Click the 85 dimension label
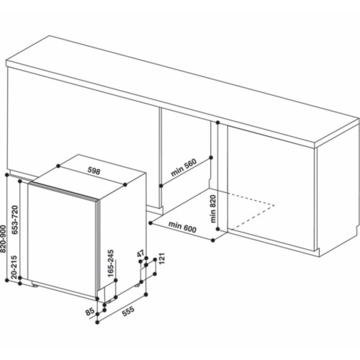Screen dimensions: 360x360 pyautogui.click(x=90, y=312)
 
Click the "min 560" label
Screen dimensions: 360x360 pyautogui.click(x=184, y=171)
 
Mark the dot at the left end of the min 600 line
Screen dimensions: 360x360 pyautogui.click(x=146, y=224)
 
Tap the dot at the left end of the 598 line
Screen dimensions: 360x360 pyautogui.click(x=56, y=165)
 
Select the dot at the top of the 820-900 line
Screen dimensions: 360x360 pyautogui.click(x=6, y=174)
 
